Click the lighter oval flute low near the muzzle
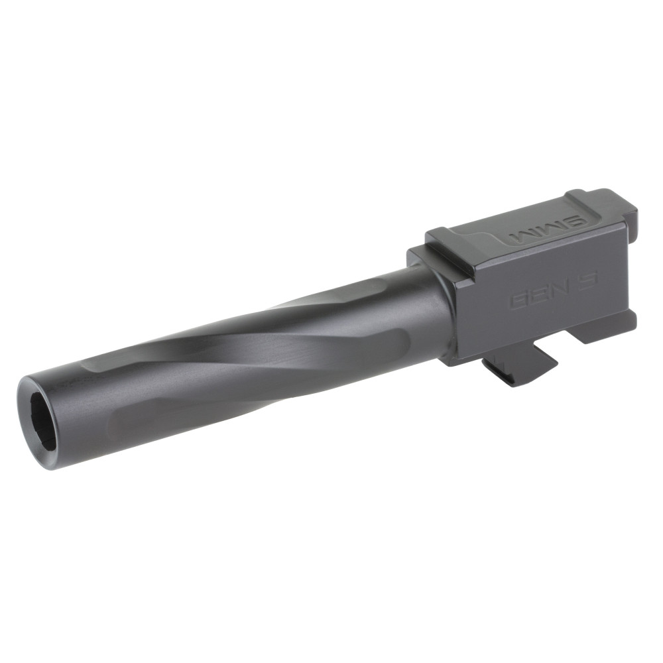pos(172,414)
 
